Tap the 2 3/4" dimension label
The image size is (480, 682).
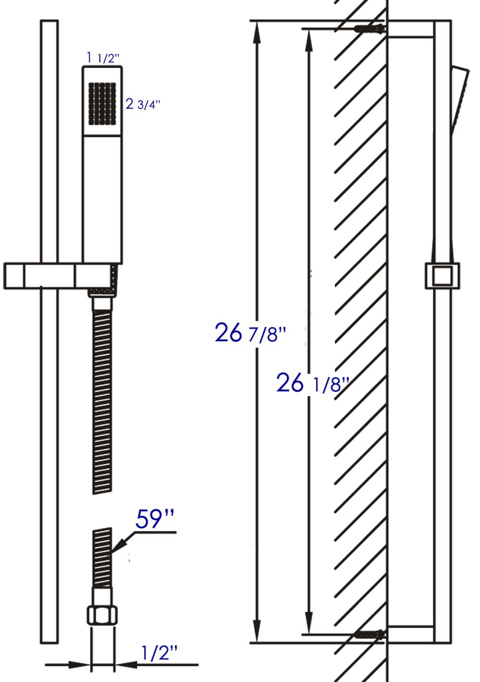coord(142,105)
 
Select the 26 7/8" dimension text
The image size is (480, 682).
coord(250,333)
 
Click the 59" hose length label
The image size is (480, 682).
coord(155,520)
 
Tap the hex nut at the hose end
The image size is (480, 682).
coord(102,615)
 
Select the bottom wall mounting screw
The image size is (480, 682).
coord(370,634)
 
